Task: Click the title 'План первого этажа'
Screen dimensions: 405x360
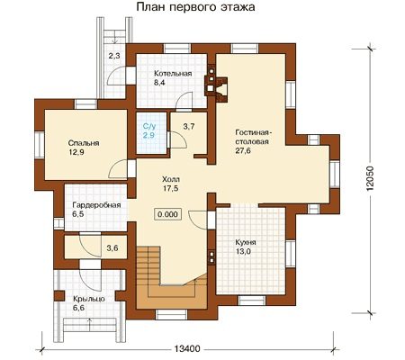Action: tap(195, 7)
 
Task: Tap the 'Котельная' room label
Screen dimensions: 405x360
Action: tap(173, 74)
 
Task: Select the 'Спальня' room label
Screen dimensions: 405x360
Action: tap(84, 143)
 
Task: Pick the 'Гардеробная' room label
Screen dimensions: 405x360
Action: tap(96, 205)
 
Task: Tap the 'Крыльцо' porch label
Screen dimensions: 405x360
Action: tap(89, 299)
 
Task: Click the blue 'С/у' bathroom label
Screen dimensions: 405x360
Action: tap(148, 127)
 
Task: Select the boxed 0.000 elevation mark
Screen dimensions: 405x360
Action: tap(167, 214)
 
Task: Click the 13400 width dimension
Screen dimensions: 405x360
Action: tap(186, 349)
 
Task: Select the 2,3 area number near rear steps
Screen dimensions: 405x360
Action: tap(114, 56)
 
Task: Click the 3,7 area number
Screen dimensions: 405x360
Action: tap(189, 127)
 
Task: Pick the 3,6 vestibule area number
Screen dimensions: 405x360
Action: tap(112, 248)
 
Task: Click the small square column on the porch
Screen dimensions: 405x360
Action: tap(59, 295)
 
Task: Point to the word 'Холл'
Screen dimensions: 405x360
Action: tap(171, 180)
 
